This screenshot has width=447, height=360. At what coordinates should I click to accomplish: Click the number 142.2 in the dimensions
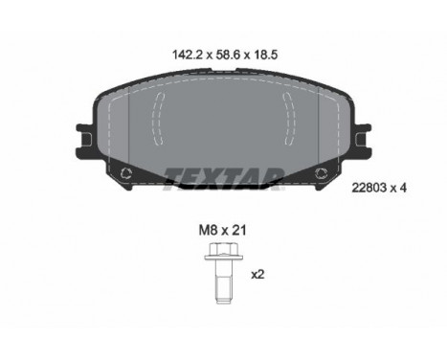188,55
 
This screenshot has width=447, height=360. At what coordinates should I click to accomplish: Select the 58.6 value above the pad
228,55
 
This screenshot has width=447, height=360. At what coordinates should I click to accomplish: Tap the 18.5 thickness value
266,55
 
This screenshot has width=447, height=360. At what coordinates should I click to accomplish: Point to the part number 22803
368,188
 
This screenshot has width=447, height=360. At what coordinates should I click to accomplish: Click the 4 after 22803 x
403,188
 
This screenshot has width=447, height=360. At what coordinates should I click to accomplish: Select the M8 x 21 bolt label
222,230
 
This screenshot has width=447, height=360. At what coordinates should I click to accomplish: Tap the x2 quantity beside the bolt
257,274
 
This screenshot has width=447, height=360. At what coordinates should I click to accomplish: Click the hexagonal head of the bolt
223,249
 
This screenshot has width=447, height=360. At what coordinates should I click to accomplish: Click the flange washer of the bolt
223,257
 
